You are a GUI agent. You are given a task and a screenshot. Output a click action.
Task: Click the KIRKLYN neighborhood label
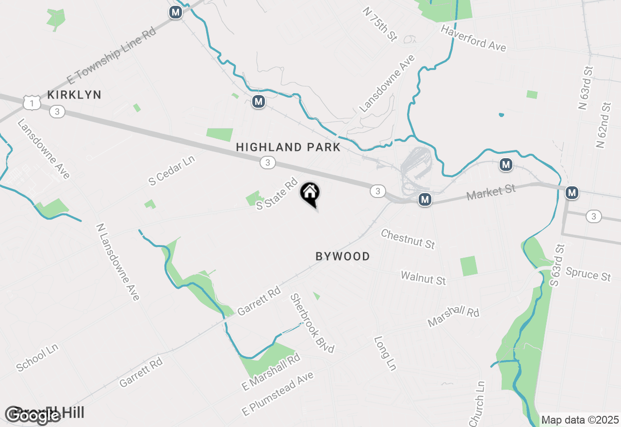coord(74,95)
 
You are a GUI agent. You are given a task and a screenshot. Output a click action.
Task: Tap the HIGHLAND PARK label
coord(288,148)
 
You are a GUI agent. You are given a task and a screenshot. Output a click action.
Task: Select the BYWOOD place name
coord(343,257)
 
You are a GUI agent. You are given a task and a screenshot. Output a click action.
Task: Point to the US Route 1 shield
coord(32,102)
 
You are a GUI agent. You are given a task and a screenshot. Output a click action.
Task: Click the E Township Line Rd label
coord(111,56)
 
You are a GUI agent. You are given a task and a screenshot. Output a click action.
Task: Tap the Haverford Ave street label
coord(473,38)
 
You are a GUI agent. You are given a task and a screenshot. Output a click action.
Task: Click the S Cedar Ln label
coord(172,170)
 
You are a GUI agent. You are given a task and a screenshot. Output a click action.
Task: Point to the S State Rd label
coord(277,194)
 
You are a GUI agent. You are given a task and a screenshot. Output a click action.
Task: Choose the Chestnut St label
coord(408,239)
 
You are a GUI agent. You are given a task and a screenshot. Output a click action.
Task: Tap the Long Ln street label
coord(385,353)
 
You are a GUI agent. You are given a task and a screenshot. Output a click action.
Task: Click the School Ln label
coord(37,358)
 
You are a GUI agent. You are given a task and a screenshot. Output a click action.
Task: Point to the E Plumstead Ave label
coord(278,393)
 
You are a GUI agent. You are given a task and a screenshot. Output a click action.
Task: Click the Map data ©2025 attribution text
coord(580,420)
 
